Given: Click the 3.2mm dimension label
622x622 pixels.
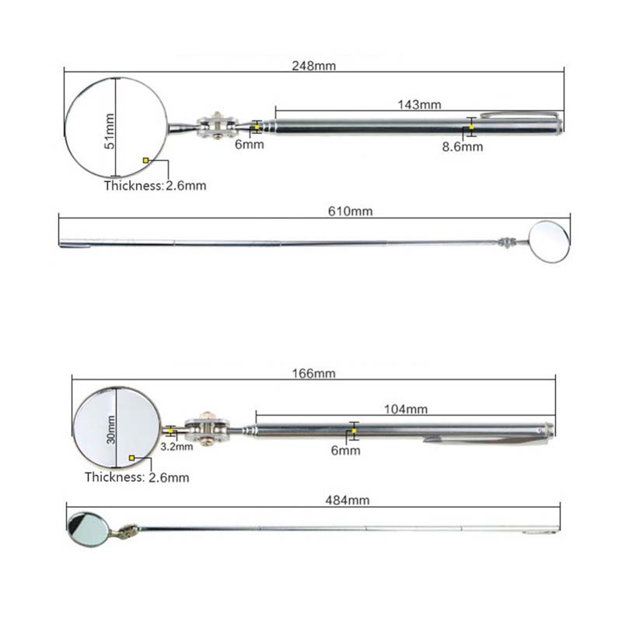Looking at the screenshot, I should tap(175, 447).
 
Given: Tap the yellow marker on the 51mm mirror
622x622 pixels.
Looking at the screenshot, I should tap(145, 160).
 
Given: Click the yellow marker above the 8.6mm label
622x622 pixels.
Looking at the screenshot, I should tap(471, 127).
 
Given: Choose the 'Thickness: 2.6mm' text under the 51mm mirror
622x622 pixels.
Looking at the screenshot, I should tap(155, 186).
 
